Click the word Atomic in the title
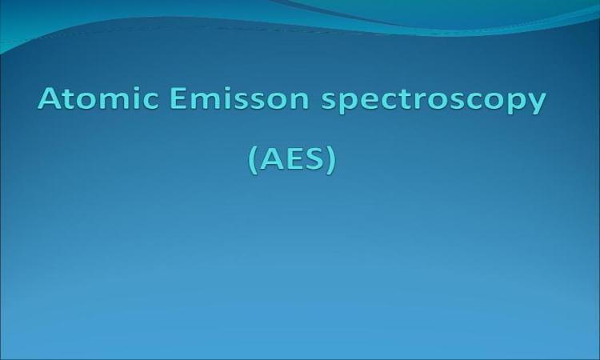[x=98, y=98]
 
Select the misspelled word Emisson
[x=239, y=98]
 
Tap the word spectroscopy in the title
[x=433, y=101]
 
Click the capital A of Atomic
[x=50, y=98]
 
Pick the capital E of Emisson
[x=177, y=98]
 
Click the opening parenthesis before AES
[x=253, y=160]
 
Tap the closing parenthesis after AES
[x=332, y=160]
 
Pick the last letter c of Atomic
[x=150, y=101]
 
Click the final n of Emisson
[x=300, y=101]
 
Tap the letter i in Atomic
[x=136, y=98]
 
